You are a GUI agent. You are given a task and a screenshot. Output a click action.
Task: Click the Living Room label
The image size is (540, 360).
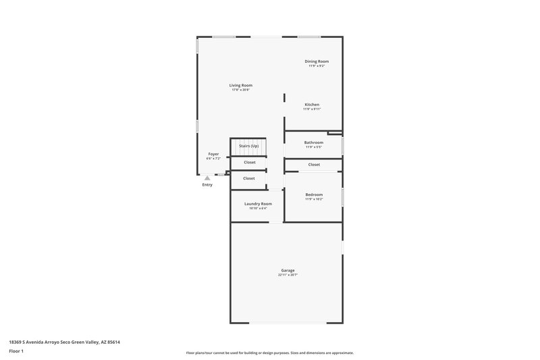(240, 85)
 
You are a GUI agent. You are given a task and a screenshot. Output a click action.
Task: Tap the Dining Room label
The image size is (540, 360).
(317, 61)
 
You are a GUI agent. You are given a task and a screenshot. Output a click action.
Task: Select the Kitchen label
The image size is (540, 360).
(312, 105)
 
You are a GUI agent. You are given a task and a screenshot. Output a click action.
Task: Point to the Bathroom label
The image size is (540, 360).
(313, 143)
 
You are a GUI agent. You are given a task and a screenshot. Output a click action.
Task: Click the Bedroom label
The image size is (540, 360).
(314, 195)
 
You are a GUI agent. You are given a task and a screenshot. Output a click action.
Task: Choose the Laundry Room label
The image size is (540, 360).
(258, 203)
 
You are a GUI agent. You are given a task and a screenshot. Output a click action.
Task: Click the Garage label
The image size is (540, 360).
(288, 270)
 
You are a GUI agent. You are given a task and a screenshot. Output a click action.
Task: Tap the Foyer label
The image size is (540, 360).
(213, 154)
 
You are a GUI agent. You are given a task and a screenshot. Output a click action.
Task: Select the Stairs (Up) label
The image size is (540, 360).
(248, 146)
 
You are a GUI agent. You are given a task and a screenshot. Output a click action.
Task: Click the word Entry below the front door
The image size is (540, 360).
(207, 184)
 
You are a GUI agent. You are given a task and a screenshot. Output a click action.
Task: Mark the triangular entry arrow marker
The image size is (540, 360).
(207, 178)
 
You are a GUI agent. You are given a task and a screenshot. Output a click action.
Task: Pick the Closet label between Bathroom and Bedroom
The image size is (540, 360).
(314, 165)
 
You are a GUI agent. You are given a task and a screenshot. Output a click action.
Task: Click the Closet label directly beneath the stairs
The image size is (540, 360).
(249, 162)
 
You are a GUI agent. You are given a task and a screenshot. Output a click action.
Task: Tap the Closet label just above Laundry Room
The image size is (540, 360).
(249, 178)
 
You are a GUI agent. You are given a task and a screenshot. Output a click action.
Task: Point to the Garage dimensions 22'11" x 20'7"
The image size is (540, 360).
(288, 275)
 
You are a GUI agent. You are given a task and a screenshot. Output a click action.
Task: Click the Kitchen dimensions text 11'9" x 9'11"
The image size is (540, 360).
(312, 109)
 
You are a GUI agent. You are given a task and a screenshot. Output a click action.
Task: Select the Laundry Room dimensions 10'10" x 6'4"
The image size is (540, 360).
(258, 208)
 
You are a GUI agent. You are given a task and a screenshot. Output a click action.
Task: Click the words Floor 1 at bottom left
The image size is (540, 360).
(16, 351)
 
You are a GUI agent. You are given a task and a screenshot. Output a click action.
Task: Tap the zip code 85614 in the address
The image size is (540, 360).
(113, 342)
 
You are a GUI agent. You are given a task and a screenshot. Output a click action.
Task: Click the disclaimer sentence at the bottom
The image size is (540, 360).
(270, 353)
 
